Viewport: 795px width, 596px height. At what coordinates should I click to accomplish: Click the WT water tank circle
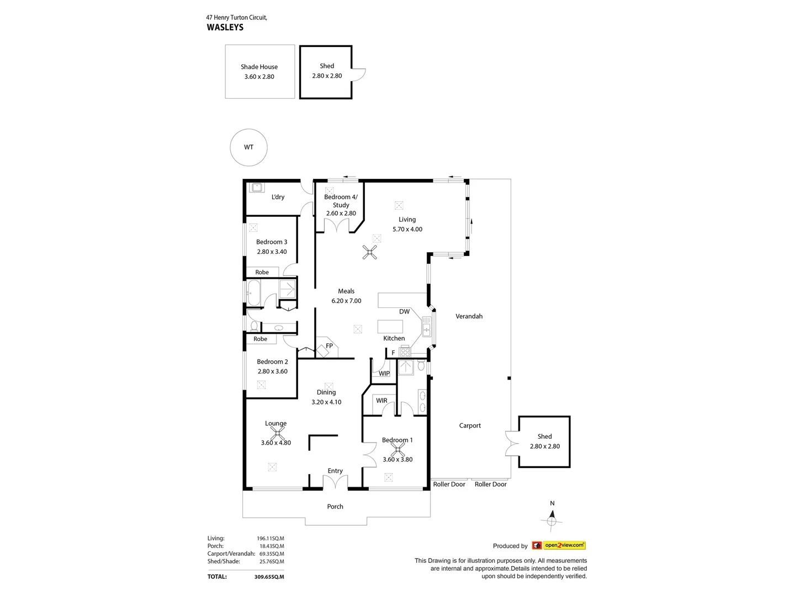coord(248,147)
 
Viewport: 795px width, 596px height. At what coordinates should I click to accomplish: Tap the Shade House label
coord(259,67)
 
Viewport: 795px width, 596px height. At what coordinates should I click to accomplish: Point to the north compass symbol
coord(552,520)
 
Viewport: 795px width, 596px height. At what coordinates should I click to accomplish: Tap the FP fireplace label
coord(329,346)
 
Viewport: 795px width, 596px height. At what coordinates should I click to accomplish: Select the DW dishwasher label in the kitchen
coord(404,312)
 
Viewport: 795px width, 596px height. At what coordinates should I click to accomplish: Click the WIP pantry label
coord(384,374)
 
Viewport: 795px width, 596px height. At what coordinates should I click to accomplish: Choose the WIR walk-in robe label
coord(381,401)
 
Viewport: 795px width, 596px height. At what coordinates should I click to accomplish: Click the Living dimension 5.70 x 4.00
coord(407,230)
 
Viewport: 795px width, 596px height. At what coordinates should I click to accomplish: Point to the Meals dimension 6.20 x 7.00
coord(346,301)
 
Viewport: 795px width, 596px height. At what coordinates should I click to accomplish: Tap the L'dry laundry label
coord(278,197)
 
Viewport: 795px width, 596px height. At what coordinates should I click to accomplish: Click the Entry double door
coord(335,483)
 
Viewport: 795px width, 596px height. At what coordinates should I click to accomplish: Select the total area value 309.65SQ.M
coord(269,577)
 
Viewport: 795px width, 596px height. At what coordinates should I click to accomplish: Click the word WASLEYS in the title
coord(225,27)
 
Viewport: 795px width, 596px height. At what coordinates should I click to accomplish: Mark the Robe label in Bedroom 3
coord(262,273)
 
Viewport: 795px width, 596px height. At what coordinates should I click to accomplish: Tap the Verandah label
coord(469,316)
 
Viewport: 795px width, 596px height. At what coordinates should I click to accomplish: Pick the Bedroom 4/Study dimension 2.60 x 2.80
coord(341,214)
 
